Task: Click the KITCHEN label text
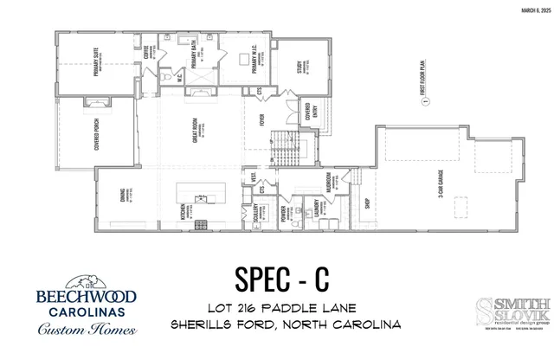point(182,211)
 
